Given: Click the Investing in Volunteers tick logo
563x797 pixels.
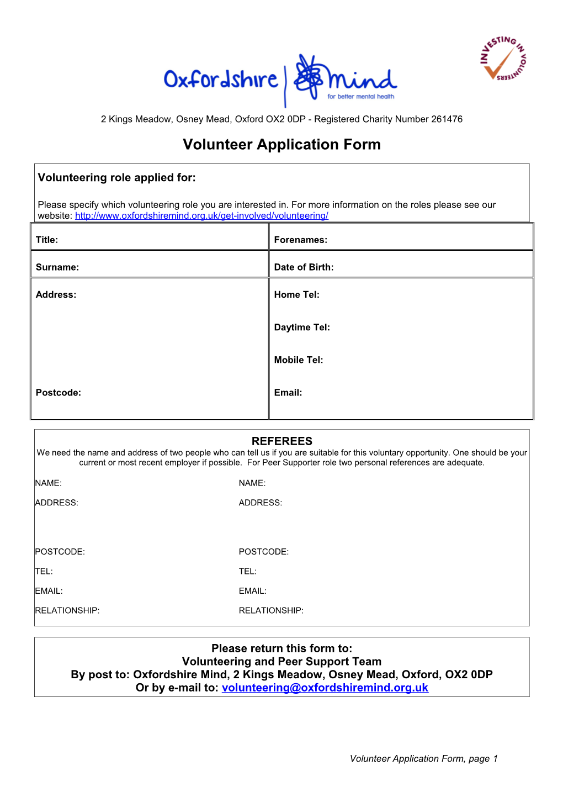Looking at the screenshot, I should pos(503,59).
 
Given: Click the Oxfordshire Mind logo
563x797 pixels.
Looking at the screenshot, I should pos(280,81).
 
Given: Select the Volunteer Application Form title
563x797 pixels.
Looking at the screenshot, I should pos(281,144).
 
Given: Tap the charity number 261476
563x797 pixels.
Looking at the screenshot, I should pos(447,119).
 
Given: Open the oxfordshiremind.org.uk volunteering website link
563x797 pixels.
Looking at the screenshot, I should pos(201,216).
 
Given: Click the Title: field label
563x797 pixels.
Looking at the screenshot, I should pos(47,240).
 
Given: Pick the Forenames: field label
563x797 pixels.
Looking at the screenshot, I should pos(300,240).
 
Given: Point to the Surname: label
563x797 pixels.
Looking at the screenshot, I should pos(57,267).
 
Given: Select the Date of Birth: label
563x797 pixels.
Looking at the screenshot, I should pos(304,267).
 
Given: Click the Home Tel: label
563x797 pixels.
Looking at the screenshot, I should pos(296,295).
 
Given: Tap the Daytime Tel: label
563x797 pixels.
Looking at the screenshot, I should pos(302,328).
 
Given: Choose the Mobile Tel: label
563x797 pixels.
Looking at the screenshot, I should pos(299,360).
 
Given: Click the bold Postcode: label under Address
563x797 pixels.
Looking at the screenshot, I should pos(59,393).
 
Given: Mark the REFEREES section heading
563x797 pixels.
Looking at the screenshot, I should pos(281,441).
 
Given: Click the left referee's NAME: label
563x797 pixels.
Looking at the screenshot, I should pos(49,483).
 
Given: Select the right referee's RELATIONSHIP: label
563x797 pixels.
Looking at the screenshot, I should pos(271,611).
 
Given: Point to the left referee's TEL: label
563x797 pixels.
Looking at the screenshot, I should pos(44,572).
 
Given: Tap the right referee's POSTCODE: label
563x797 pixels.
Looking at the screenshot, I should pos(263,552).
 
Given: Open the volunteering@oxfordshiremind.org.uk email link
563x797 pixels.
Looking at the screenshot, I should pos(325,688).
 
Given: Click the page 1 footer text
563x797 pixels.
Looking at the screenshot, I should pos(423,759).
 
